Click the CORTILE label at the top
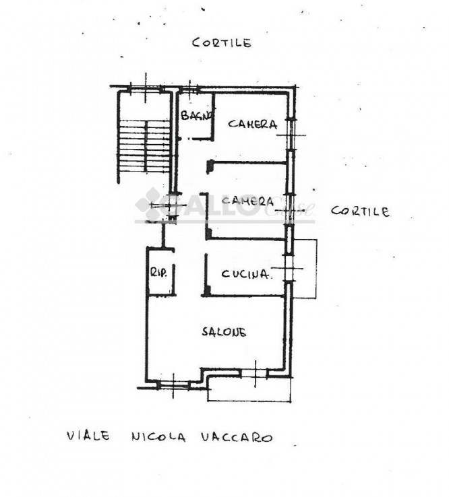pyautogui.click(x=222, y=42)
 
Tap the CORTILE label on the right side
pyautogui.click(x=360, y=211)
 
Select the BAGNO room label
pyautogui.click(x=196, y=114)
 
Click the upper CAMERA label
pyautogui.click(x=253, y=124)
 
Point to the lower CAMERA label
pyautogui.click(x=247, y=201)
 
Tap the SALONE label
pyautogui.click(x=224, y=331)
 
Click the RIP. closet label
pyautogui.click(x=158, y=272)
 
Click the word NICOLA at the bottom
pyautogui.click(x=158, y=437)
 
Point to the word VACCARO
pyautogui.click(x=237, y=437)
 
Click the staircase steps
pyautogui.click(x=144, y=146)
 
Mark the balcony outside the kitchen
pyautogui.click(x=305, y=269)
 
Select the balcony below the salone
pyautogui.click(x=249, y=389)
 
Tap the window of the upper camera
pyautogui.click(x=291, y=135)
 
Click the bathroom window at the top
pyautogui.click(x=189, y=89)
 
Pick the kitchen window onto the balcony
pyautogui.click(x=289, y=268)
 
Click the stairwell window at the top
pyautogui.click(x=146, y=89)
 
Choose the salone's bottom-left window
pyautogui.click(x=173, y=385)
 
